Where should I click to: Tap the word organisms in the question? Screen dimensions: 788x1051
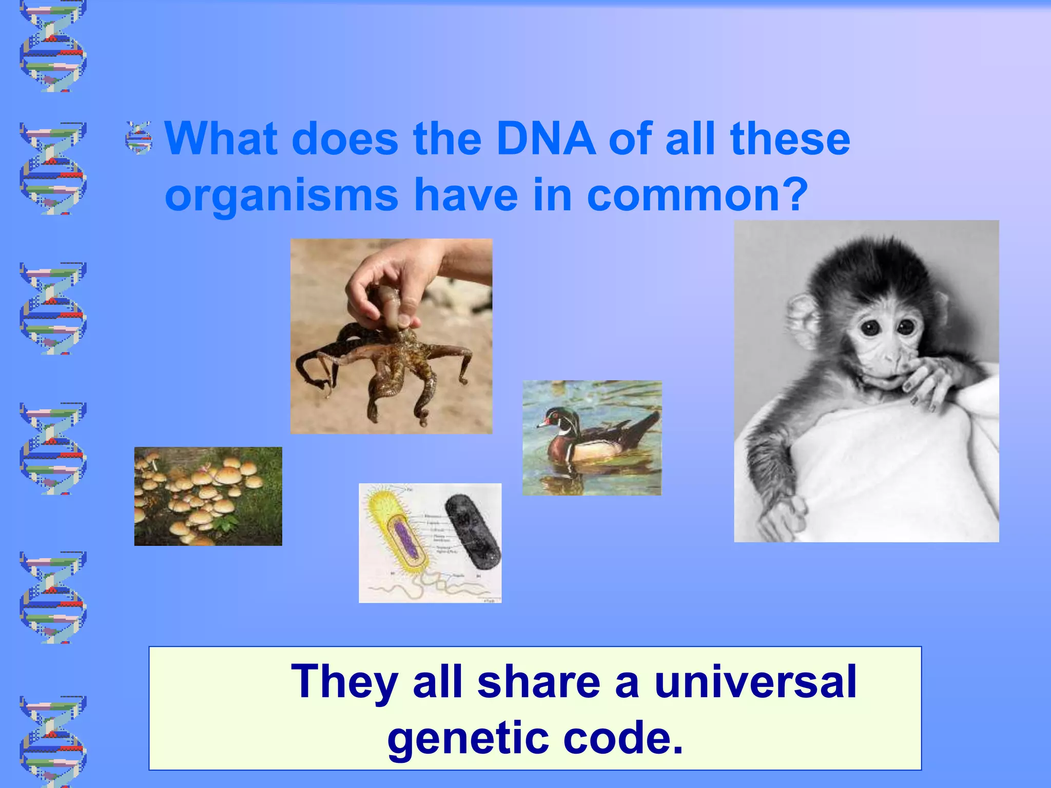(x=281, y=195)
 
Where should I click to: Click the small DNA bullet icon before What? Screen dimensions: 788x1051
(x=139, y=138)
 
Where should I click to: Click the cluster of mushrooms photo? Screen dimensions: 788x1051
(x=208, y=496)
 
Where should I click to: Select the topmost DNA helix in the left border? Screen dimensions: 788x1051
(x=53, y=46)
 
